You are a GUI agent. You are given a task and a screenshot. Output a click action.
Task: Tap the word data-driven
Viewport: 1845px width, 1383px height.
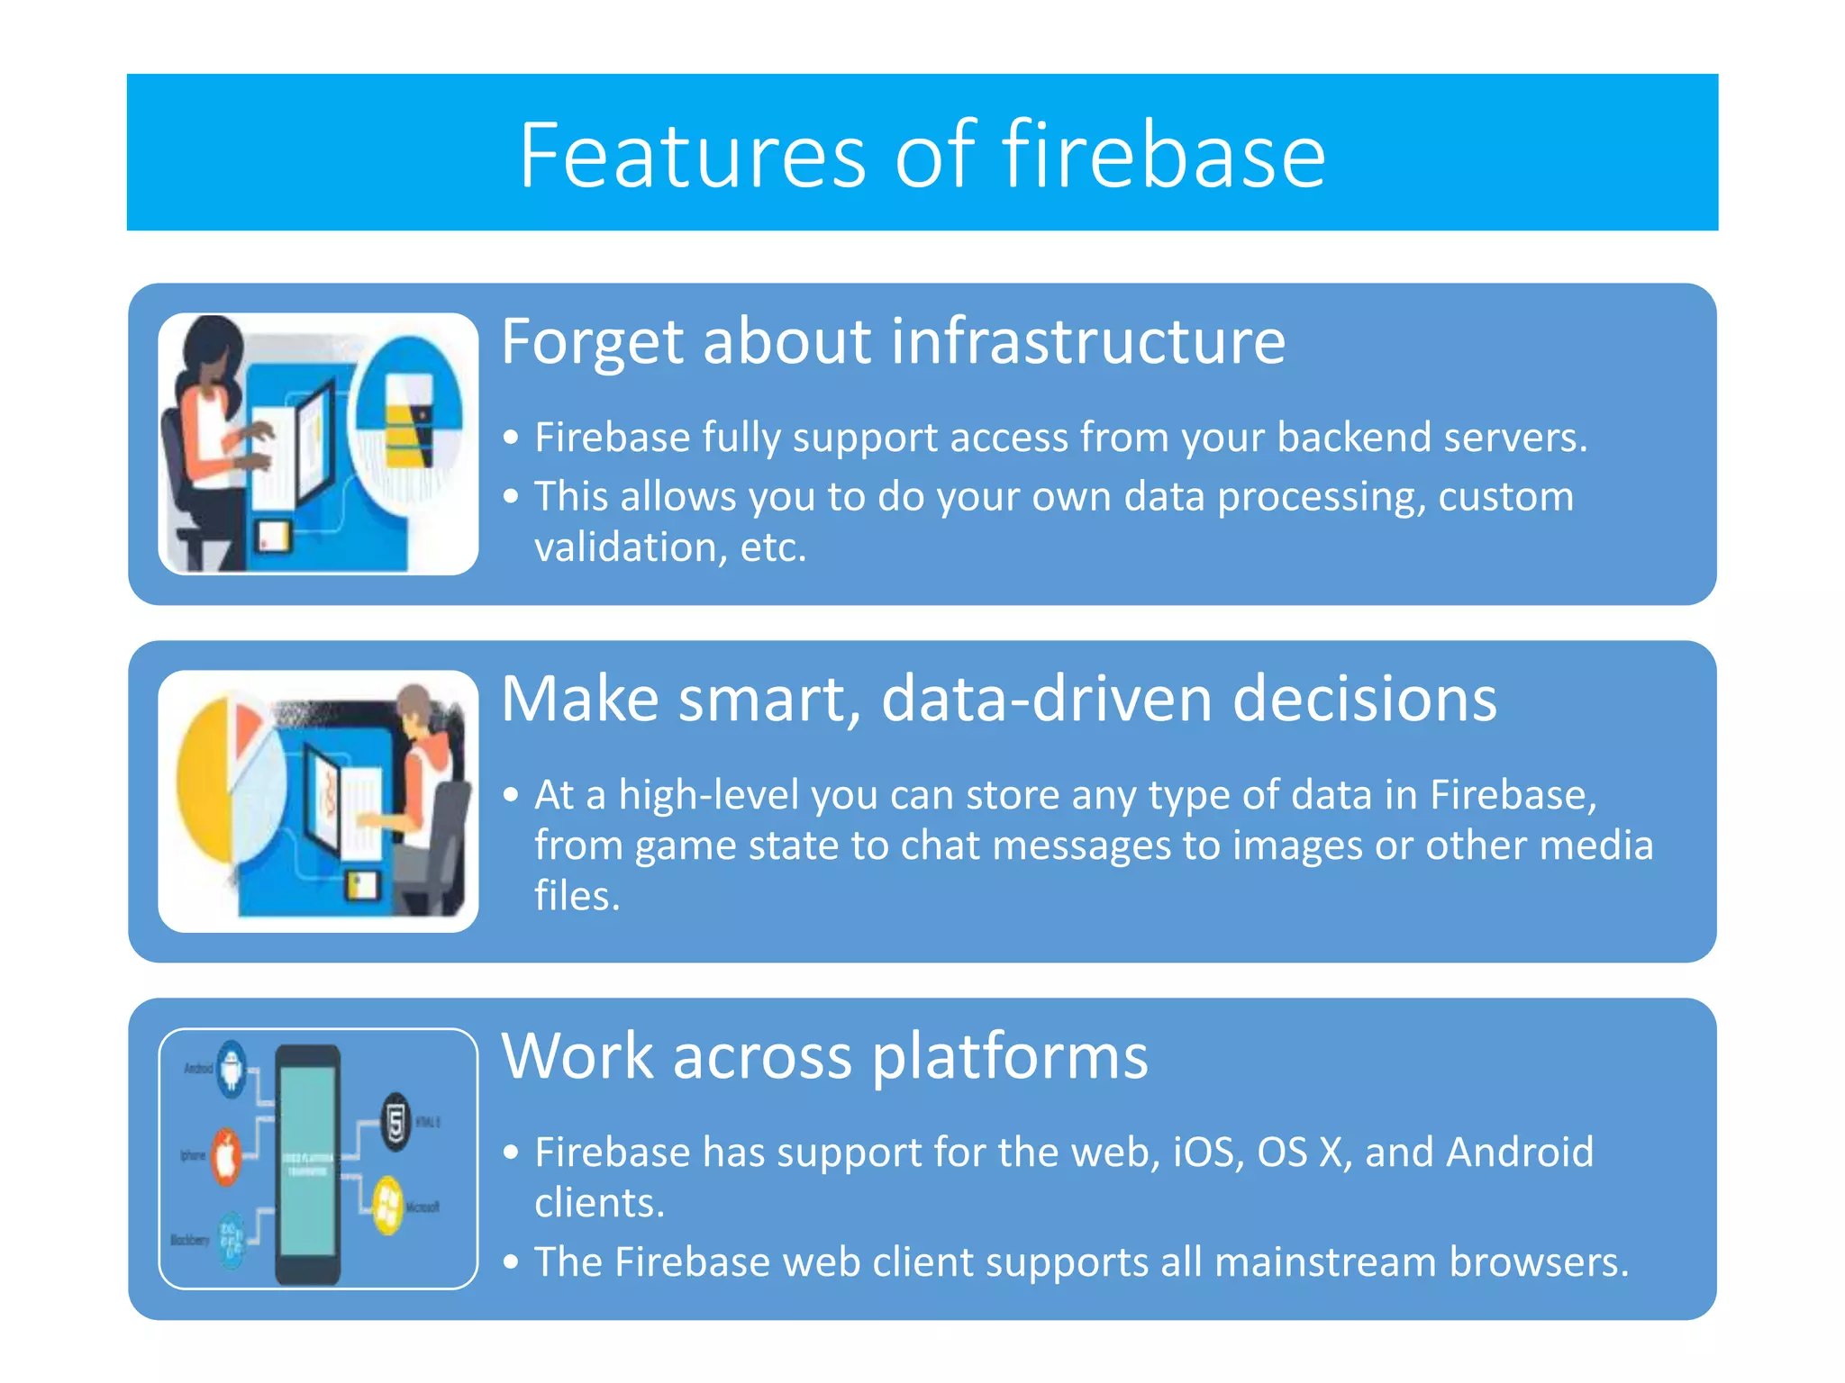[1046, 699]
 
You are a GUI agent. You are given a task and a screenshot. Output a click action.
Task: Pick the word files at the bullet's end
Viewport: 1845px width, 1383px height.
[576, 896]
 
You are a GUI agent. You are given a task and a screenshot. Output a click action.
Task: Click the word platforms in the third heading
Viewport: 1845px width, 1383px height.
[1009, 1056]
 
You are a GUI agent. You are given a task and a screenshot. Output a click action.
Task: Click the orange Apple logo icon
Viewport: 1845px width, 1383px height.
[226, 1155]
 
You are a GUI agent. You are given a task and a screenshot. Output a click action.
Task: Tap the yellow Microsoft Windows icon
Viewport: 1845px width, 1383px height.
[388, 1205]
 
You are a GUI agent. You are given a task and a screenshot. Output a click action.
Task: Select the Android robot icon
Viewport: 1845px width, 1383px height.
[232, 1068]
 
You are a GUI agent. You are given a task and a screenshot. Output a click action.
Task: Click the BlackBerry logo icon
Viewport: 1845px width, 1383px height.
[232, 1240]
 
